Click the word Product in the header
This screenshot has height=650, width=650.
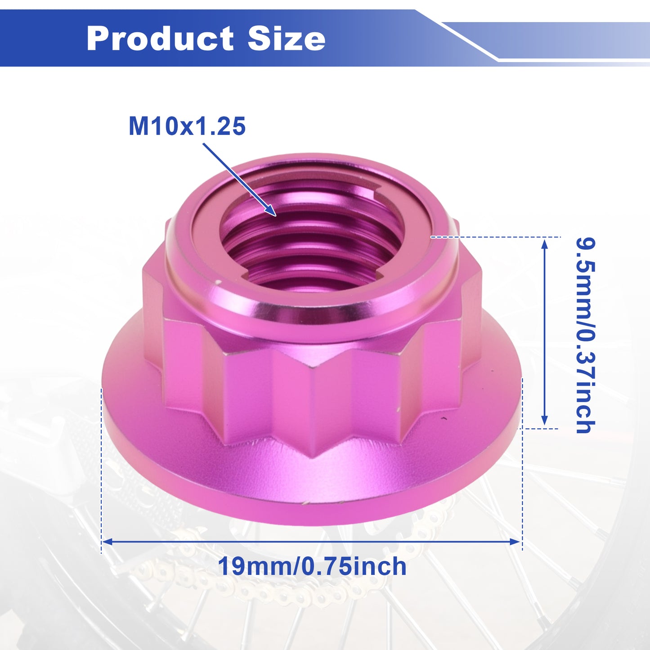(160, 39)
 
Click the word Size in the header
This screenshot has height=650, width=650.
(287, 38)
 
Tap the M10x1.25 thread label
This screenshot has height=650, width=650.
(187, 126)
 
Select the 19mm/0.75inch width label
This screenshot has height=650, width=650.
(312, 567)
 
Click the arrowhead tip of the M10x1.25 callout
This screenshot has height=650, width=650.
(276, 215)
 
